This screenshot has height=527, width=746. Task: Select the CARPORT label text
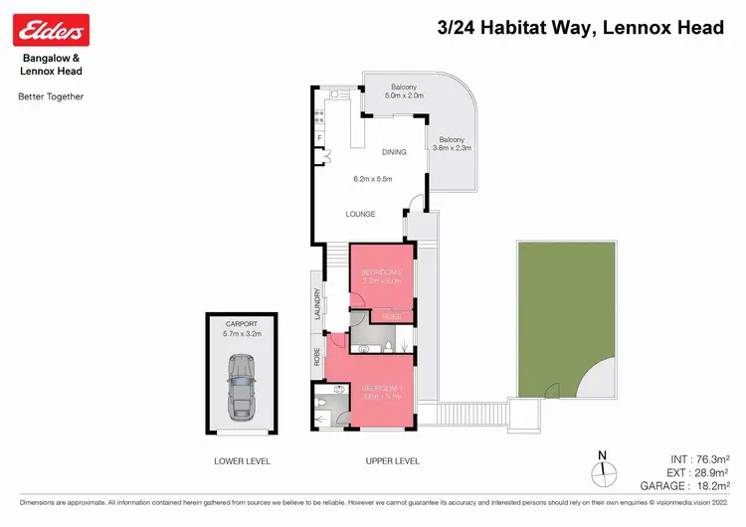(x=241, y=324)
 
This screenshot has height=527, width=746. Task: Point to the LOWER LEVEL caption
(x=242, y=461)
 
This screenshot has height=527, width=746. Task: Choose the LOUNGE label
(x=360, y=214)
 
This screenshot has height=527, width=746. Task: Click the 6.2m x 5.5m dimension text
(x=374, y=179)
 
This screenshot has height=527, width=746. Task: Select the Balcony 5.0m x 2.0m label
(x=406, y=90)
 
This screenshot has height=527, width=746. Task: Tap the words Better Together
(x=51, y=96)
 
